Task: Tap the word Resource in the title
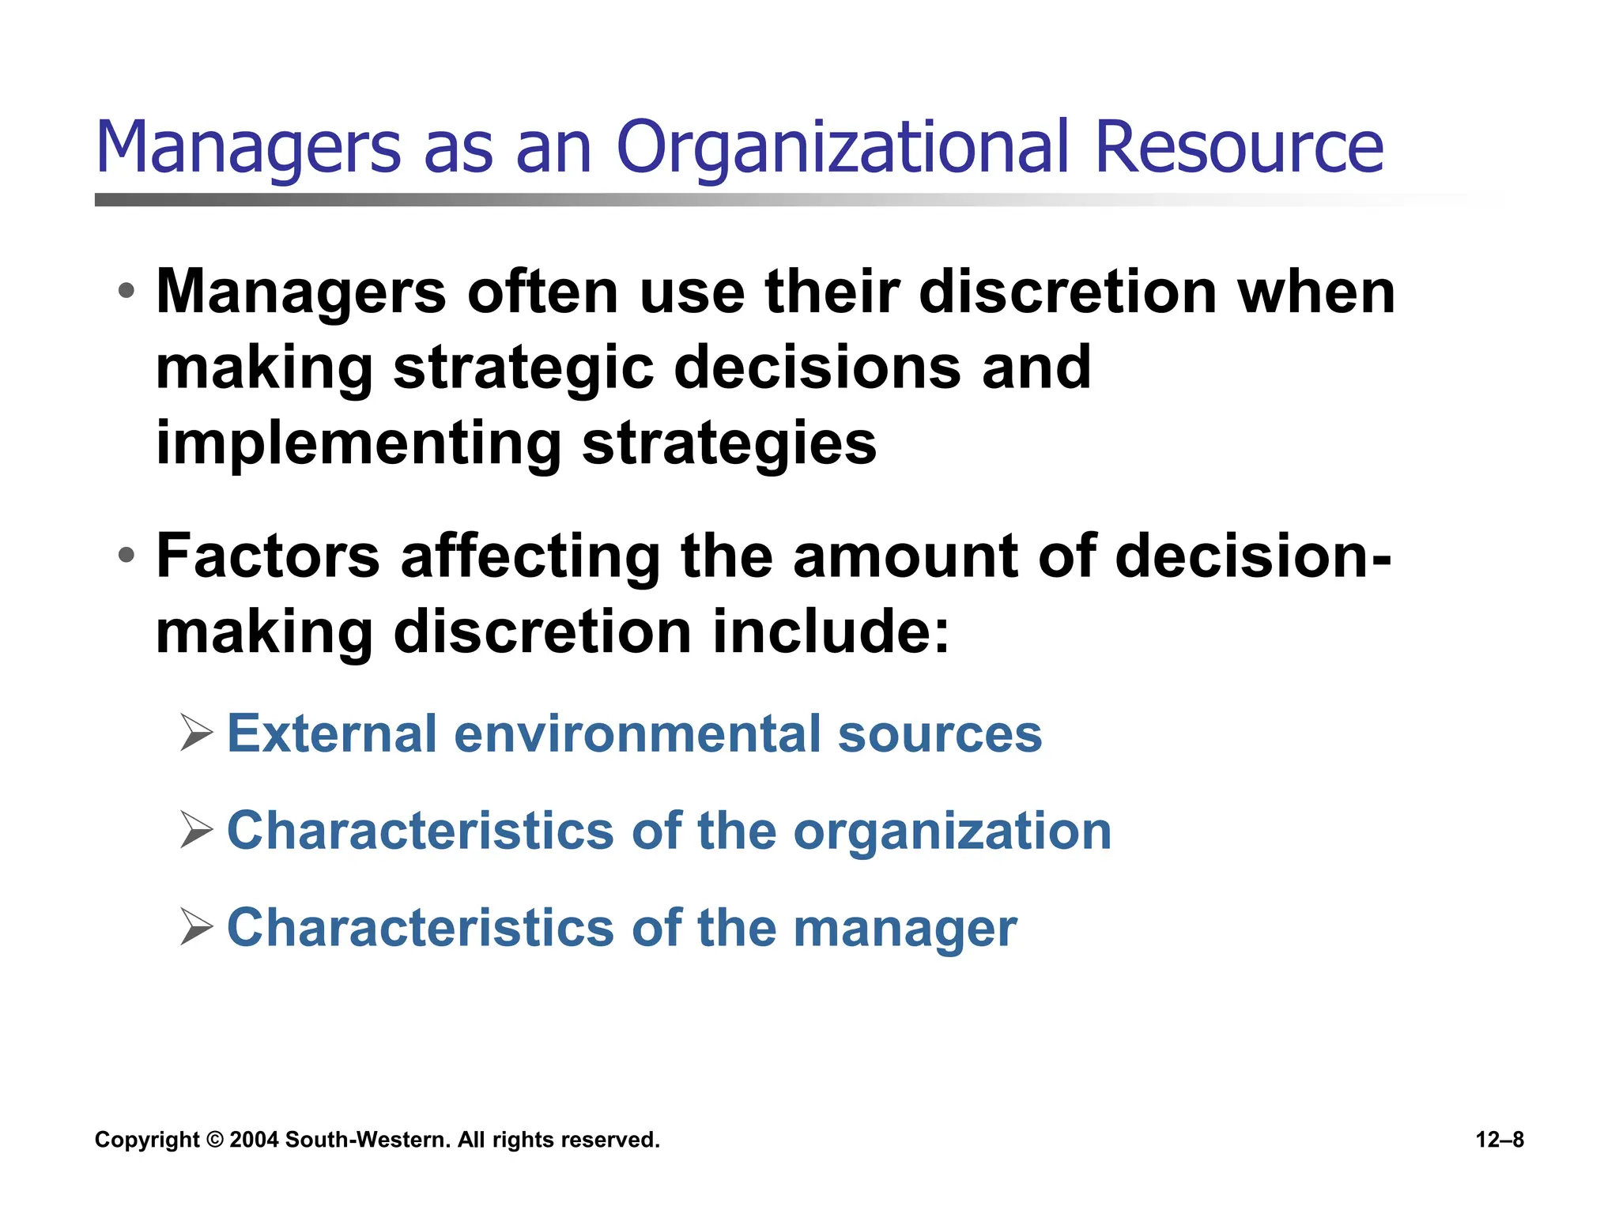click(1239, 148)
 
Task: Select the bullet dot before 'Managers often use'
click(126, 291)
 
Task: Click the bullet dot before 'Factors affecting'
click(126, 555)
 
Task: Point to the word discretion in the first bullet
click(1067, 292)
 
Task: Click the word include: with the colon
click(830, 632)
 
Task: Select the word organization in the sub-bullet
click(952, 831)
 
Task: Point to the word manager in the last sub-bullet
click(904, 929)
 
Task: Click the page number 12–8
click(1500, 1140)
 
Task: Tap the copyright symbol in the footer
click(214, 1140)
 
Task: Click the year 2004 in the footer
click(254, 1140)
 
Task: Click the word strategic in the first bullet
click(523, 368)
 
